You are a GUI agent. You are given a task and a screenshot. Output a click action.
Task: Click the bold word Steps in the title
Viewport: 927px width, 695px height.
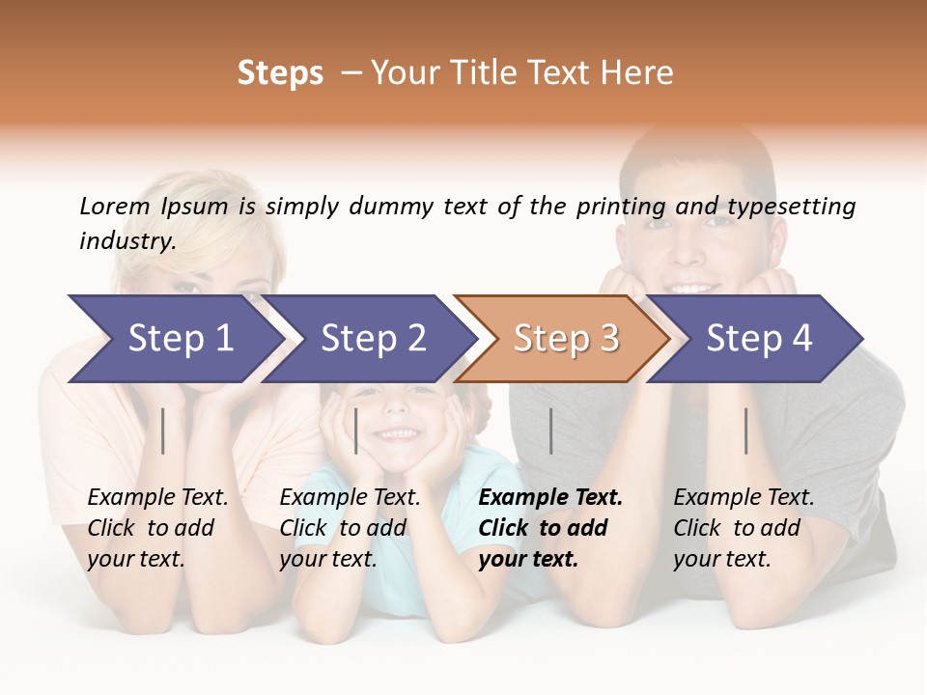pos(280,73)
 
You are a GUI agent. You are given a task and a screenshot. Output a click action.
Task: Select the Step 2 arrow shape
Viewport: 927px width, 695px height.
pos(373,339)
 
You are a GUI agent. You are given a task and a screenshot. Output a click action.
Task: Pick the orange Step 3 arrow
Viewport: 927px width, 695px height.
pos(566,339)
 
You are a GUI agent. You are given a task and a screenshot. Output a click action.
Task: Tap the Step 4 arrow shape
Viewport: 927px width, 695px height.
pos(759,339)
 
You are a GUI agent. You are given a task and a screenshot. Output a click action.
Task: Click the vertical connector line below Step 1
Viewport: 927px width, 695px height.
pos(163,431)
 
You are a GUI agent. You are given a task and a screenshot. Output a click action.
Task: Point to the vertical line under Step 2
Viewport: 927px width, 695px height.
pos(356,431)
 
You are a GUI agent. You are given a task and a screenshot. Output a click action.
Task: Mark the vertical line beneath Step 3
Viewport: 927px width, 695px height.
pos(551,431)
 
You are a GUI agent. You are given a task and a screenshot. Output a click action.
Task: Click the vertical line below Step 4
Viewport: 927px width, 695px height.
pos(746,431)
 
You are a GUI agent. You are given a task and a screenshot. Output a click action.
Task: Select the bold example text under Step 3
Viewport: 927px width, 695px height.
pos(549,528)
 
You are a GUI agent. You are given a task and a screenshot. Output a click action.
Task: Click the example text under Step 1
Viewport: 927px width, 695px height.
pos(157,528)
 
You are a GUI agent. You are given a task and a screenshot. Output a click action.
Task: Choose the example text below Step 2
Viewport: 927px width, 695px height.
pos(350,528)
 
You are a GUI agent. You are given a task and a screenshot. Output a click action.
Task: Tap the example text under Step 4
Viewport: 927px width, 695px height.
pos(744,528)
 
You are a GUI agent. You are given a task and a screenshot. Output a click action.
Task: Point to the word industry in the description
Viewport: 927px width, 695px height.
pos(126,241)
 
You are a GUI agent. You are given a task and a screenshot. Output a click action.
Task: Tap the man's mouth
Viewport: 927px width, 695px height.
pos(694,288)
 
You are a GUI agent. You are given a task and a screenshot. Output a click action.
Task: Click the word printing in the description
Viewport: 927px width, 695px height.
pos(621,207)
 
